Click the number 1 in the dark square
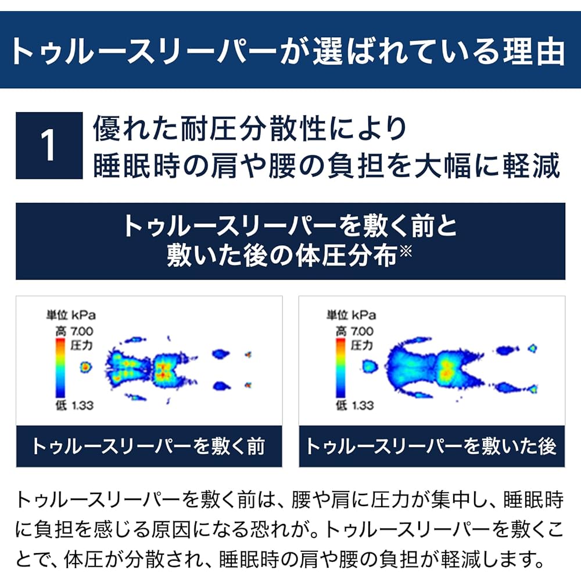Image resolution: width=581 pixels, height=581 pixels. coord(48,146)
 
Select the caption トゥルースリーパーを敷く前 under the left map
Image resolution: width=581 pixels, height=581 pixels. coord(149,446)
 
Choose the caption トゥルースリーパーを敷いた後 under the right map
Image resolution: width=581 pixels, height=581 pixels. coord(431,446)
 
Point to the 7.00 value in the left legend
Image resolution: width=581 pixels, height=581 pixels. coord(82,331)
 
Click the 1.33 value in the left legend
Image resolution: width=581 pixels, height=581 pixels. coord(83,406)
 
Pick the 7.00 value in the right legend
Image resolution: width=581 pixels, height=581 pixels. coord(362,331)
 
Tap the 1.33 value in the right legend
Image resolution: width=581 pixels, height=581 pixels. coord(363,406)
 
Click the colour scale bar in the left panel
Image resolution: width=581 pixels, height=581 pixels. coord(60,368)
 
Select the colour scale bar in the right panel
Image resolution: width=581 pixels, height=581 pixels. coord(340,368)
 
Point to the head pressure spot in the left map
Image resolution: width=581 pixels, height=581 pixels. coord(85,367)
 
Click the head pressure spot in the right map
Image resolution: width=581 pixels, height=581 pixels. coord(370,367)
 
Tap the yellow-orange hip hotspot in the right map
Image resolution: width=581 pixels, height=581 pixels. coord(446,370)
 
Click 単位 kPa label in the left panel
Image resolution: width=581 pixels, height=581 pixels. coord(71,315)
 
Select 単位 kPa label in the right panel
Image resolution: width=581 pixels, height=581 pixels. coord(351,315)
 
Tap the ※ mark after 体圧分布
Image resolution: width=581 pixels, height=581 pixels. coord(406,251)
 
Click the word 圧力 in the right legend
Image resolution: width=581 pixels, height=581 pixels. coord(361,345)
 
